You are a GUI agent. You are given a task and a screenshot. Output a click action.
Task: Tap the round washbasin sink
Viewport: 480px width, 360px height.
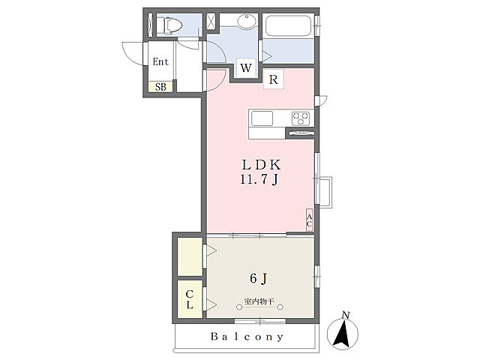(x=247, y=22)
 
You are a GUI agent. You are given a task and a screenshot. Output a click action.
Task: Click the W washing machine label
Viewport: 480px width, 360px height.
(x=246, y=67)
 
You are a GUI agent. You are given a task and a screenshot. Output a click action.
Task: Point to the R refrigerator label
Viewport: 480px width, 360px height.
(x=273, y=79)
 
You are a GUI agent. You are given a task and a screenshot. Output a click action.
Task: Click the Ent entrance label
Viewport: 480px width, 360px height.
(x=160, y=61)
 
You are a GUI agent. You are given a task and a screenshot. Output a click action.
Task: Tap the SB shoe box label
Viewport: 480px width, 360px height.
(x=160, y=87)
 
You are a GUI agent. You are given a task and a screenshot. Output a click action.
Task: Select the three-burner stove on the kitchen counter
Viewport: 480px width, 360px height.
(x=300, y=118)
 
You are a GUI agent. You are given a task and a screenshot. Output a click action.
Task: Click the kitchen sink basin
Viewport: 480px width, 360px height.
(x=262, y=118)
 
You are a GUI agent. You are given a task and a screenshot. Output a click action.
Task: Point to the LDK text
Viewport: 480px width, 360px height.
(x=261, y=165)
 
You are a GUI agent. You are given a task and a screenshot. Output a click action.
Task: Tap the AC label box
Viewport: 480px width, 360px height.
(x=310, y=220)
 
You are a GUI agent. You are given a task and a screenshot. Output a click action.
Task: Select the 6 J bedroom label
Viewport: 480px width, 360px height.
(x=259, y=278)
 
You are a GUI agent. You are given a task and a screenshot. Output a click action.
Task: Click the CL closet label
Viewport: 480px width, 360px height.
(x=190, y=299)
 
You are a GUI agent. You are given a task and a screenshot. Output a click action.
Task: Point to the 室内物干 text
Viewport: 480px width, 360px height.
(x=259, y=301)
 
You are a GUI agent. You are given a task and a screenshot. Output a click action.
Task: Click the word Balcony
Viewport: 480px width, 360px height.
(x=247, y=337)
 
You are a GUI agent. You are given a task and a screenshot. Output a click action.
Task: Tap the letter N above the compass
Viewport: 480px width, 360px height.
(x=346, y=315)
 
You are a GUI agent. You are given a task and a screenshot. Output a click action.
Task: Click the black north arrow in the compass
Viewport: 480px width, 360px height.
(x=342, y=333)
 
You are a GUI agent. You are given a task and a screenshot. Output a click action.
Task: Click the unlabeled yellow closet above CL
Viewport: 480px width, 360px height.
(x=190, y=256)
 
